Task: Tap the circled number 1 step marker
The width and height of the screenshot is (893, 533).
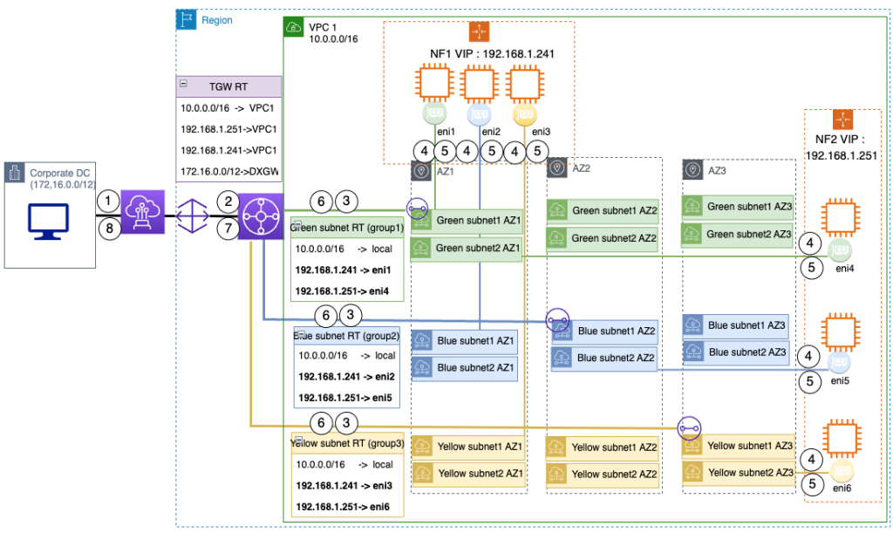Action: pyautogui.click(x=106, y=200)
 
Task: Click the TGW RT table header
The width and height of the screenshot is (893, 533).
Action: pyautogui.click(x=228, y=86)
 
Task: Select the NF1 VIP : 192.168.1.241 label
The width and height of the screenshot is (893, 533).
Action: pyautogui.click(x=479, y=54)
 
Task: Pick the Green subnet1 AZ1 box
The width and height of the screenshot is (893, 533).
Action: pyautogui.click(x=467, y=221)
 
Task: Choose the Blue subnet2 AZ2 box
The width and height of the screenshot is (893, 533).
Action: pyautogui.click(x=603, y=358)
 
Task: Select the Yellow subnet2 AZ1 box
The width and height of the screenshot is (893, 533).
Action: pyautogui.click(x=467, y=474)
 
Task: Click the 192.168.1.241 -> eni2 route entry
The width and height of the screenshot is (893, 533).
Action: pyautogui.click(x=347, y=376)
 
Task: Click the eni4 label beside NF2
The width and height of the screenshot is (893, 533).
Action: pyautogui.click(x=843, y=269)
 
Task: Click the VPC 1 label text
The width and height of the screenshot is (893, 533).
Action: pyautogui.click(x=324, y=27)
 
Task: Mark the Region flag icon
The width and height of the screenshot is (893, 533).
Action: pyautogui.click(x=185, y=18)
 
